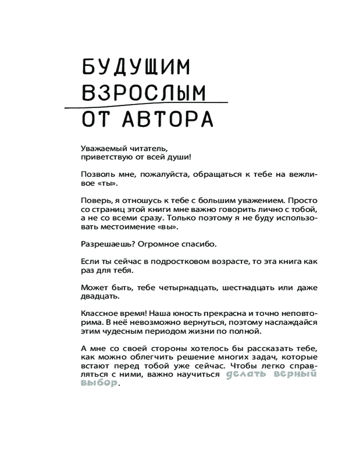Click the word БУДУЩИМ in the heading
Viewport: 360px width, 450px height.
136,68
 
